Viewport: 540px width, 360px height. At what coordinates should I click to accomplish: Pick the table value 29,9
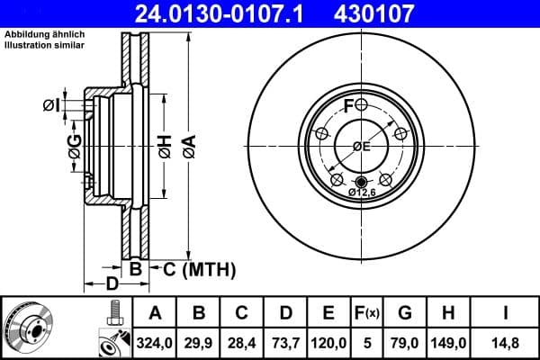(x=199, y=340)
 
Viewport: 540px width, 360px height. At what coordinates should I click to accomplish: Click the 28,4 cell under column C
(x=241, y=340)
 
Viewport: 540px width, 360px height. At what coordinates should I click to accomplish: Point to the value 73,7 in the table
(x=285, y=340)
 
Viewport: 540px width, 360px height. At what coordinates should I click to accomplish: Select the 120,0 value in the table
(x=328, y=340)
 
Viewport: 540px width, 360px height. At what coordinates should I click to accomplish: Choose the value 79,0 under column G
(x=405, y=340)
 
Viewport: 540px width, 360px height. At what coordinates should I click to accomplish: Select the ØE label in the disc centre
(x=362, y=147)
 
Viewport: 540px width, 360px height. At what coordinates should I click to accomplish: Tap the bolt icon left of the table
(x=112, y=315)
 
